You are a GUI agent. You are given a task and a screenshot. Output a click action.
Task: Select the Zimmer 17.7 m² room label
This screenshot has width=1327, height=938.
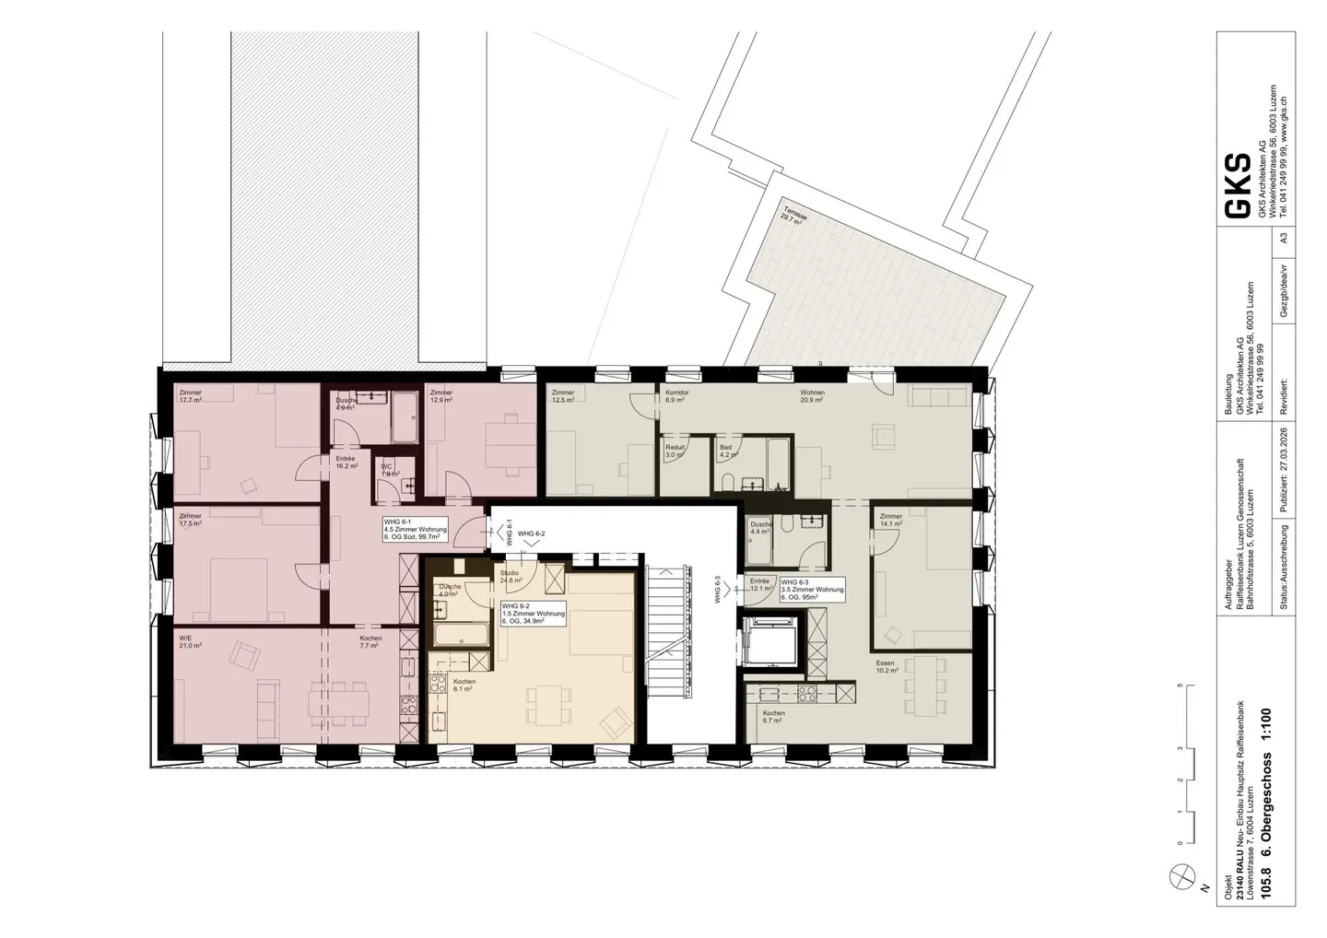pyautogui.click(x=191, y=396)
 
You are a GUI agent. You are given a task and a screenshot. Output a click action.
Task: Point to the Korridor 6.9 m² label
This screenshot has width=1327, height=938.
pyautogui.click(x=675, y=396)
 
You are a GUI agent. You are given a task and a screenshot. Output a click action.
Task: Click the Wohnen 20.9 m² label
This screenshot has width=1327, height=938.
pyautogui.click(x=812, y=396)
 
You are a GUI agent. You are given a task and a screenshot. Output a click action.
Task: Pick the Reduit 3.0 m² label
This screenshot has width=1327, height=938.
pyautogui.click(x=675, y=451)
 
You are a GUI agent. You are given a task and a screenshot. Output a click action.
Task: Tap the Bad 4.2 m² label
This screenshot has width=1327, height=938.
pyautogui.click(x=728, y=451)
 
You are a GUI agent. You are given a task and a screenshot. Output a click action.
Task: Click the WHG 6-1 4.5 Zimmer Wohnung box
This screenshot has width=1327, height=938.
pyautogui.click(x=416, y=530)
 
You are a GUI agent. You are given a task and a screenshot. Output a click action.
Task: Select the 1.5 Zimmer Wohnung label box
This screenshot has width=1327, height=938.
pyautogui.click(x=534, y=615)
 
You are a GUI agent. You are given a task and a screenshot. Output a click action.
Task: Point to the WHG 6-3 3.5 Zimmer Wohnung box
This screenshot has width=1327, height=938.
pyautogui.click(x=812, y=590)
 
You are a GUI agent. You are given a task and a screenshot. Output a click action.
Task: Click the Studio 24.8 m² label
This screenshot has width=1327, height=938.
pyautogui.click(x=511, y=577)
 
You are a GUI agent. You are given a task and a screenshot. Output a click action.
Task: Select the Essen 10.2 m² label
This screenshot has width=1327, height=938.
pyautogui.click(x=885, y=666)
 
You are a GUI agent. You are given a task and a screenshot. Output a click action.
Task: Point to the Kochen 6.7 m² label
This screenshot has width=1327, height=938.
pyautogui.click(x=773, y=717)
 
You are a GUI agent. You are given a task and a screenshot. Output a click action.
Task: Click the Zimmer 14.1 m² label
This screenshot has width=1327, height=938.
pyautogui.click(x=891, y=521)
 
